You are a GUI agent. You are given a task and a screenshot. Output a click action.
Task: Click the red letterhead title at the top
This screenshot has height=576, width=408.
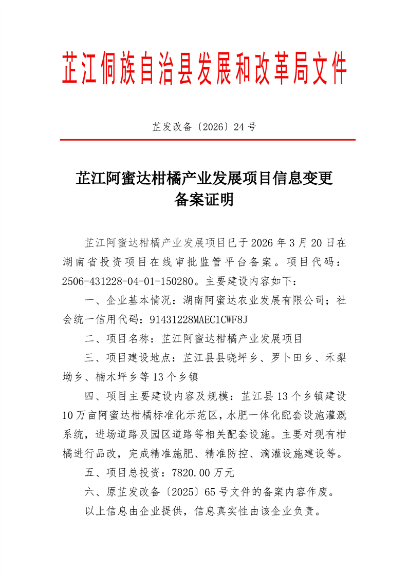pos(204,68)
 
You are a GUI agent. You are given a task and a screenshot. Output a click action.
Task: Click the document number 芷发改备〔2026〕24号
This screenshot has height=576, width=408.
pos(204,127)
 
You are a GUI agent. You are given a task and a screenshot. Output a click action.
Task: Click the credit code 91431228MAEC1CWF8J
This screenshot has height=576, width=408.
pos(198,319)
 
